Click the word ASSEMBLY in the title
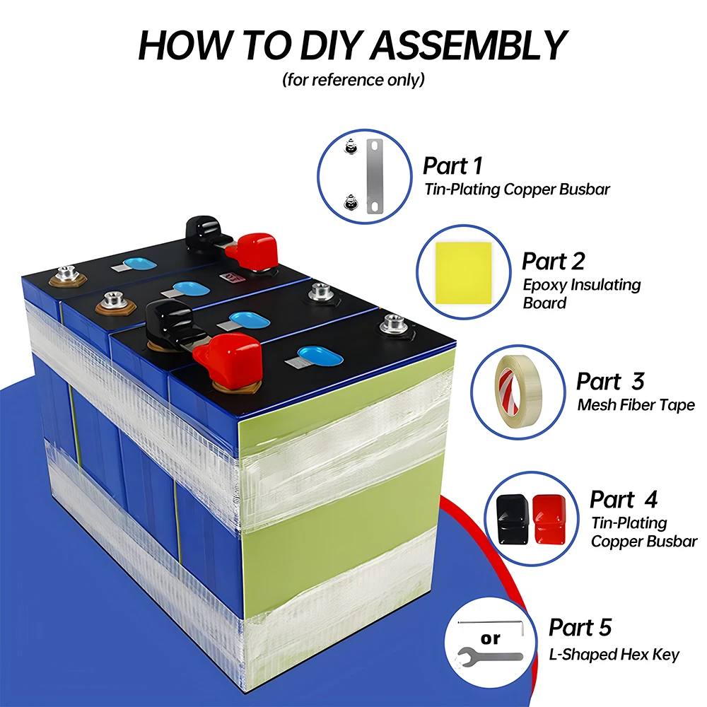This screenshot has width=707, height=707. coord(469,45)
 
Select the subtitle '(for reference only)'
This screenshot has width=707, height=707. coord(353,79)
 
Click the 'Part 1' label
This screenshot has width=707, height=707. coord(452,166)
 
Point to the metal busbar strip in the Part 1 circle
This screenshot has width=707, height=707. coord(374,177)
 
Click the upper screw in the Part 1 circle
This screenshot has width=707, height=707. coord(348,147)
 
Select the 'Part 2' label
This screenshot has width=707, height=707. coord(553,261)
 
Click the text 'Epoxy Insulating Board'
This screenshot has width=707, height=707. coord(581,293)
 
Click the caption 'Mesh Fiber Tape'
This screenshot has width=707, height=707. coord(636,405)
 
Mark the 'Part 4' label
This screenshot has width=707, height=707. coord(623,499)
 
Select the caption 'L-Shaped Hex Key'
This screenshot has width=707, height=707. coord(614,655)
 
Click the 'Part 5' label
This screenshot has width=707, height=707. coord(580,627)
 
